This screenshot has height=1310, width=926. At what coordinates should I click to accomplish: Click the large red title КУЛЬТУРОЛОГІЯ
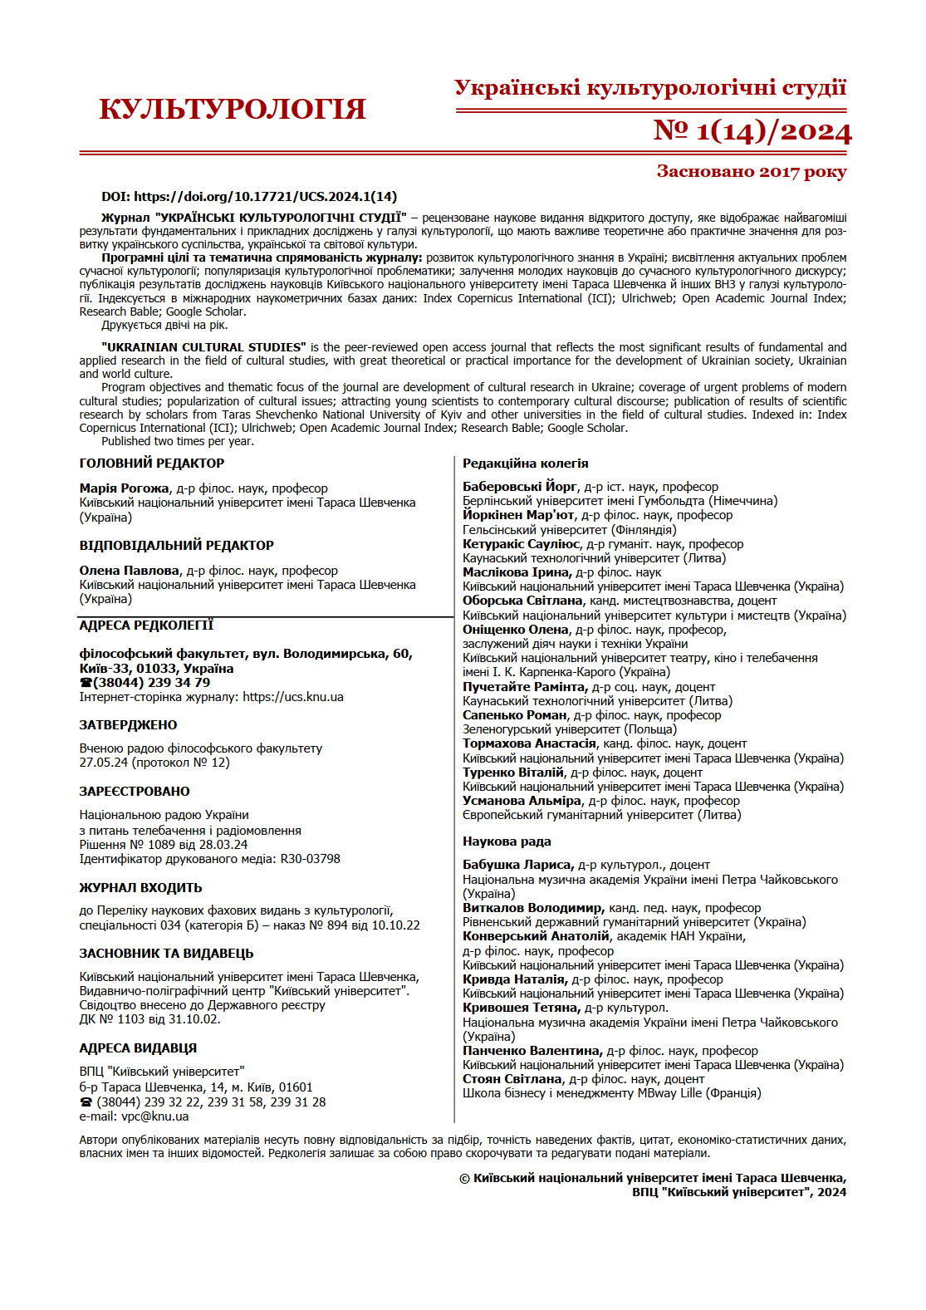[x=232, y=109]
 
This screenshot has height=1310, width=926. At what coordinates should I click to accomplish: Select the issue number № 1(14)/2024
[x=752, y=131]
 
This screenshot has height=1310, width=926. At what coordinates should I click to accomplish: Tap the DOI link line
[x=249, y=197]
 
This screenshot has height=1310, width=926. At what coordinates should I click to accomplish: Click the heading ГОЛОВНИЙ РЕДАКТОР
[x=152, y=464]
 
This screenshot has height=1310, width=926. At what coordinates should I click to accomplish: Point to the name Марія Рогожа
[x=125, y=488]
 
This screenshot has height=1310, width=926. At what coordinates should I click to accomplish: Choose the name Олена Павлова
[x=130, y=571]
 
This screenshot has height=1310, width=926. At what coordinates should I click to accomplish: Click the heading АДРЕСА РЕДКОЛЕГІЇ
[x=146, y=626]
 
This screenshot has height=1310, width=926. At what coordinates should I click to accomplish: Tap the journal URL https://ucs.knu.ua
[x=293, y=697]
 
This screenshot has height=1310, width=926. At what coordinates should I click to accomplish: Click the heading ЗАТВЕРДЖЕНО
[x=128, y=725]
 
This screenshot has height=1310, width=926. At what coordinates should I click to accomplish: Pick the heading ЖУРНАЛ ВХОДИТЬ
[x=140, y=888]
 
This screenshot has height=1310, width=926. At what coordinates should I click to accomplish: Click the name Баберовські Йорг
[x=520, y=487]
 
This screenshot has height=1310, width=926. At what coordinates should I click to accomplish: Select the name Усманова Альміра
[x=522, y=801]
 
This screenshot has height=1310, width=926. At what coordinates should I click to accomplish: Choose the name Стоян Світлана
[x=512, y=1079]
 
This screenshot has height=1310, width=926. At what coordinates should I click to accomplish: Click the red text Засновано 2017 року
[x=751, y=172]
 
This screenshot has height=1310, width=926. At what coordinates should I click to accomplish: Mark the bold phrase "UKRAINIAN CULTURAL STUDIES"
[x=203, y=347]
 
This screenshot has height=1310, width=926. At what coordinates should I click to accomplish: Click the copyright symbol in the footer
[x=465, y=1179]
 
